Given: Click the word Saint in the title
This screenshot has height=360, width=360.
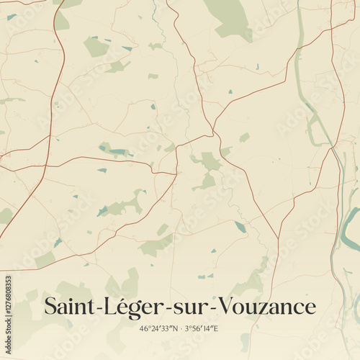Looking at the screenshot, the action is pyautogui.click(x=66, y=307).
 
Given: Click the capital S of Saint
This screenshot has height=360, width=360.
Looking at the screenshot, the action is pyautogui.click(x=50, y=307).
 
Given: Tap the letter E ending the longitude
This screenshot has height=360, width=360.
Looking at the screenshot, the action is pyautogui.click(x=217, y=329).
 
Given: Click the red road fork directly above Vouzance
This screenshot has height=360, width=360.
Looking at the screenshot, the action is pyautogui.click(x=278, y=238).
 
